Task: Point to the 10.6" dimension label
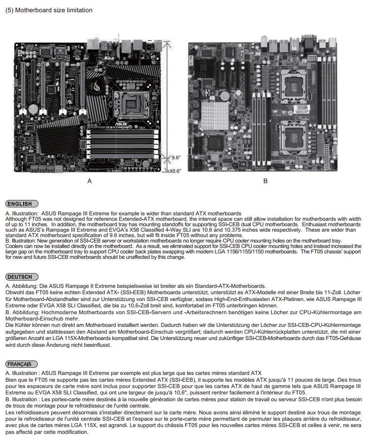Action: [x=176, y=171]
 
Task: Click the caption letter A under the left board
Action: [x=89, y=181]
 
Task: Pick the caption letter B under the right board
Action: [x=266, y=181]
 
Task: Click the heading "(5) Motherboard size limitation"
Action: [x=49, y=10]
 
